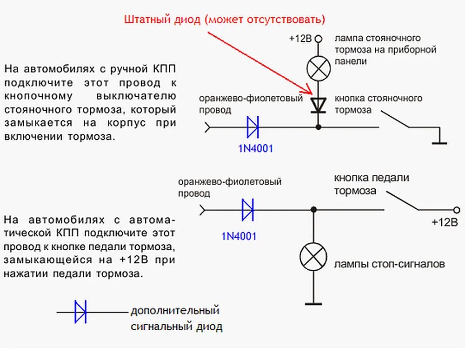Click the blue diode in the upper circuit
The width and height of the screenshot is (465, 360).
click(252, 127)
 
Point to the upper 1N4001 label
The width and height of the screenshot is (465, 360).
click(254, 149)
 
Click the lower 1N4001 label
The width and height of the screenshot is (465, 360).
click(239, 236)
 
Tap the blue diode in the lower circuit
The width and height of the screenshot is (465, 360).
click(247, 210)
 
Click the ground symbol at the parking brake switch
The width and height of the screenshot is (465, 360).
click(438, 142)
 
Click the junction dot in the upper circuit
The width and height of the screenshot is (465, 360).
click(319, 127)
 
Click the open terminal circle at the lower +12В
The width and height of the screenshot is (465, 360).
click(456, 210)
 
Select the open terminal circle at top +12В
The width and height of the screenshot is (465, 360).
click(319, 39)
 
